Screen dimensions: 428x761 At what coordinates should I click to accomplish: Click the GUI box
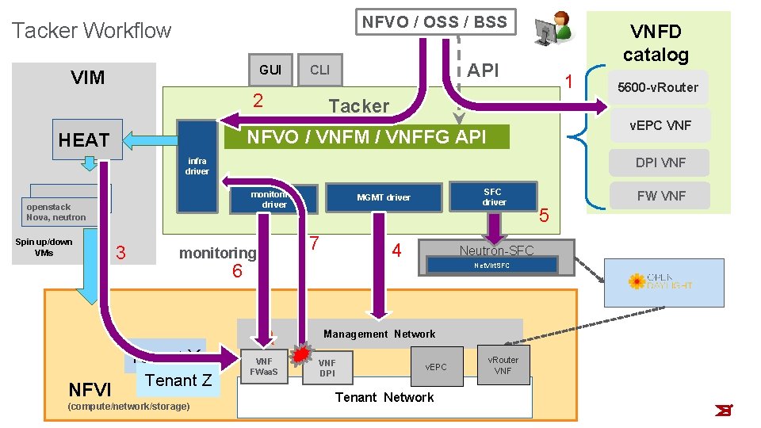click(x=270, y=70)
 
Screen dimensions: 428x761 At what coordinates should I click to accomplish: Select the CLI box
click(x=320, y=70)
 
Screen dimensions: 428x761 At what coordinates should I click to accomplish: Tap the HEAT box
click(x=84, y=140)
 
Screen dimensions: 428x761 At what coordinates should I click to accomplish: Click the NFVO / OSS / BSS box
click(x=434, y=22)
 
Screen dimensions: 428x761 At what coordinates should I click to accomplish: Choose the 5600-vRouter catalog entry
click(x=657, y=87)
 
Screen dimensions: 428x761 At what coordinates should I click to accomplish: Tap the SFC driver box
click(x=493, y=197)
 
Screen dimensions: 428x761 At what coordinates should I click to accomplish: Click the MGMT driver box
click(x=384, y=197)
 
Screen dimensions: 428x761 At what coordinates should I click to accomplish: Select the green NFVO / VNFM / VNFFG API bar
click(x=366, y=138)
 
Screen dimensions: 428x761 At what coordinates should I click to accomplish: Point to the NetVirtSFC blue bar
click(x=492, y=266)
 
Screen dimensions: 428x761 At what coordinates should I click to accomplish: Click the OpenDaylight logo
click(x=664, y=281)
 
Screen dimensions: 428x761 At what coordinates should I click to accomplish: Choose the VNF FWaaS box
click(x=264, y=366)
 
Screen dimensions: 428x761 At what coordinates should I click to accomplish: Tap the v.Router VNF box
click(x=503, y=365)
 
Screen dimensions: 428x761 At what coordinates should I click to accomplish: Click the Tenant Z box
click(x=178, y=380)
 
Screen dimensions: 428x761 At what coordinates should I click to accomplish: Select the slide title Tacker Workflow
click(x=92, y=31)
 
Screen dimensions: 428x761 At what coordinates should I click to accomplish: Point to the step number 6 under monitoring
click(x=236, y=271)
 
